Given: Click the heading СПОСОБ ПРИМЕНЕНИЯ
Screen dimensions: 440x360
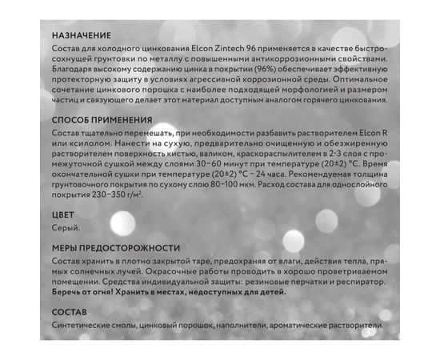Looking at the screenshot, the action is click(101, 120).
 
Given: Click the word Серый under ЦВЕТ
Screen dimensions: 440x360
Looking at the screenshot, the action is click(66, 229).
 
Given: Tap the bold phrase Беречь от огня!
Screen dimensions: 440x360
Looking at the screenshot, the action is click(85, 293).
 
